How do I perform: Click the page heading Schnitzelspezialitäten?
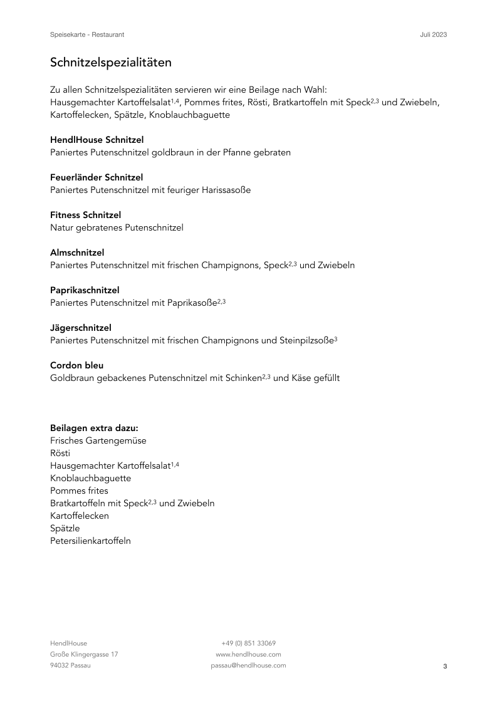(x=111, y=63)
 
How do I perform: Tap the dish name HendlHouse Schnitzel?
(x=97, y=140)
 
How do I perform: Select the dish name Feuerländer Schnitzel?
(x=97, y=177)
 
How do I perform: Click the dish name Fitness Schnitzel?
(x=85, y=215)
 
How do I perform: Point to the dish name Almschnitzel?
(x=77, y=253)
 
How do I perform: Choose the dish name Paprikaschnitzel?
(x=85, y=290)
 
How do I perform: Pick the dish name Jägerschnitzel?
(x=81, y=328)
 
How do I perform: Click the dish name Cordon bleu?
(x=76, y=365)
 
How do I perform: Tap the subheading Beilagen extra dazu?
(x=94, y=428)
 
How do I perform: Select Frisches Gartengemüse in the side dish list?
(x=98, y=440)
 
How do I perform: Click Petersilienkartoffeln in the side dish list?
(x=90, y=541)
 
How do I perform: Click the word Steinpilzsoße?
(x=305, y=340)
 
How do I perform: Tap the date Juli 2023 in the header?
(x=433, y=34)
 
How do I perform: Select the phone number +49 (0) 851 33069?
(x=248, y=643)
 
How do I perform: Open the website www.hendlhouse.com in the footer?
(x=248, y=654)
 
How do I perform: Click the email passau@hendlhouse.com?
(x=248, y=665)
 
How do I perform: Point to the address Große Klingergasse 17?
(x=84, y=654)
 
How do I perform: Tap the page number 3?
(x=445, y=666)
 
